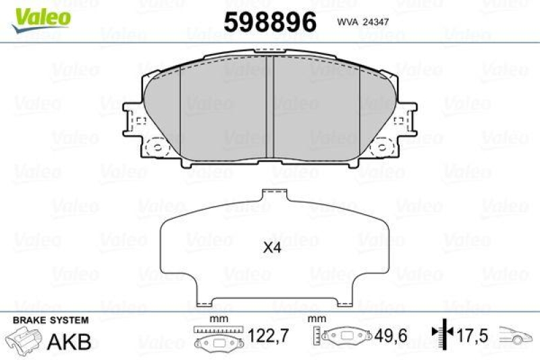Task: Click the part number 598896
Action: click(x=270, y=22)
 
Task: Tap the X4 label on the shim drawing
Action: click(x=271, y=248)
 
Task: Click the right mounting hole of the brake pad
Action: click(x=383, y=147)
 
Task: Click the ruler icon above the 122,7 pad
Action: click(x=217, y=329)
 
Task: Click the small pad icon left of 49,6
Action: click(x=345, y=337)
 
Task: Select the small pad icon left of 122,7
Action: click(x=217, y=342)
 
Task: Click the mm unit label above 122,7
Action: click(x=217, y=317)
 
